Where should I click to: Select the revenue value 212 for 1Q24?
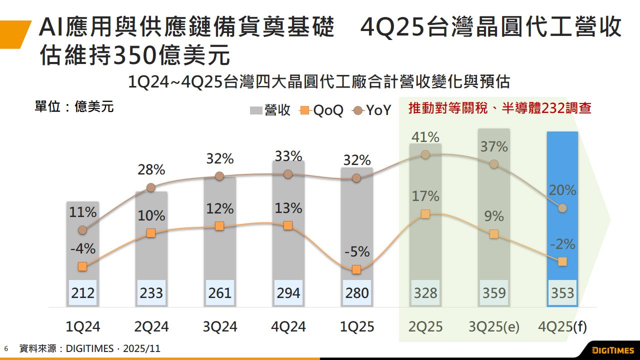click(x=82, y=292)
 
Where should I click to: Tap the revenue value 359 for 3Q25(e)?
click(x=494, y=292)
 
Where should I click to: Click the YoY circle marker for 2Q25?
click(x=425, y=154)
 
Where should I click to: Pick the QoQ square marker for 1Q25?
click(x=356, y=269)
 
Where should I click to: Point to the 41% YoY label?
click(x=425, y=137)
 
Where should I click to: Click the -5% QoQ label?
click(x=356, y=251)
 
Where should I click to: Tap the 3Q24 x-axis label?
click(x=220, y=327)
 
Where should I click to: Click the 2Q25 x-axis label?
click(x=425, y=327)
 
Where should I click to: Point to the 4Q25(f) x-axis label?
click(x=563, y=327)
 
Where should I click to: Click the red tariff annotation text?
click(x=500, y=108)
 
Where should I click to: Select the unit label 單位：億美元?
click(x=74, y=106)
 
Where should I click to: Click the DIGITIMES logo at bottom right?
click(x=612, y=349)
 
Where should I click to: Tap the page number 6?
click(x=6, y=348)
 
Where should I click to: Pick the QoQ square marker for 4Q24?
click(x=287, y=225)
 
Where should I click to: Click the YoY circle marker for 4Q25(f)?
click(x=562, y=207)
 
